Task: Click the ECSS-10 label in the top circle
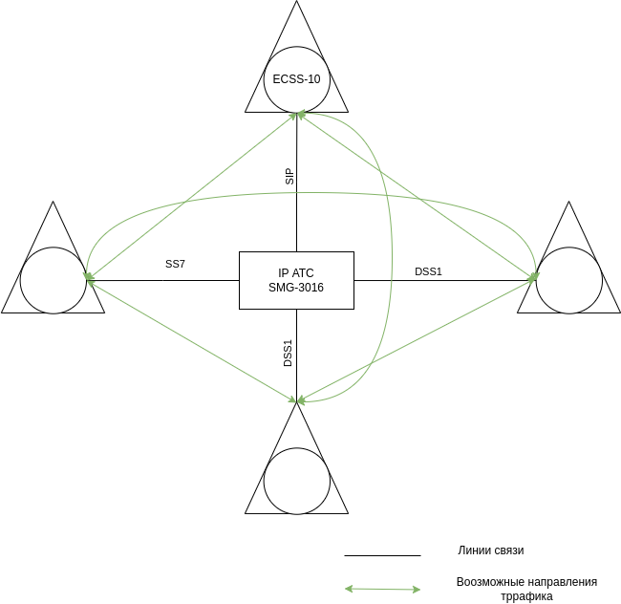point(296,79)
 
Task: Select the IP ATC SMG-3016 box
point(296,280)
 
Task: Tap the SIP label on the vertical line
point(289,176)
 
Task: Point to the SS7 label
point(175,264)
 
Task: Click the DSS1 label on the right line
point(428,271)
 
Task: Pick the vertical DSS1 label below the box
point(288,353)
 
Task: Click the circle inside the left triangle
point(54,280)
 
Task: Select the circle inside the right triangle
point(569,280)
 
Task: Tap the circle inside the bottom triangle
point(296,481)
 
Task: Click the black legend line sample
point(382,555)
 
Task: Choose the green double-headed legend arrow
point(382,589)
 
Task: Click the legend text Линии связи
point(491,550)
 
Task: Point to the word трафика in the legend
point(527,596)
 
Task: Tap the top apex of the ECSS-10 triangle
point(296,3)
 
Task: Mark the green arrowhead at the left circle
point(89,279)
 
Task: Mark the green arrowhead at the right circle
point(533,278)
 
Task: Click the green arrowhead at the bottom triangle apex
point(298,399)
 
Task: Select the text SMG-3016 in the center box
point(296,287)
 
